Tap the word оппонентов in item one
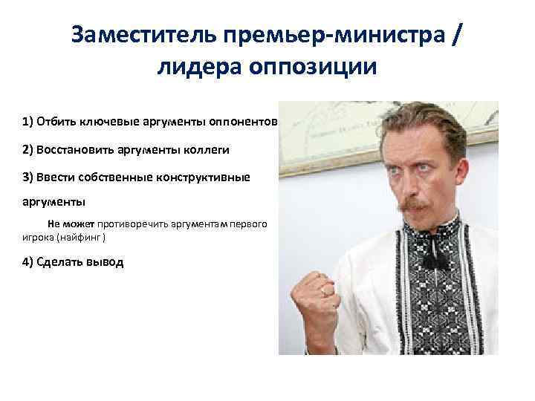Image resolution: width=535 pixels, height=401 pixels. [x=247, y=122]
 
